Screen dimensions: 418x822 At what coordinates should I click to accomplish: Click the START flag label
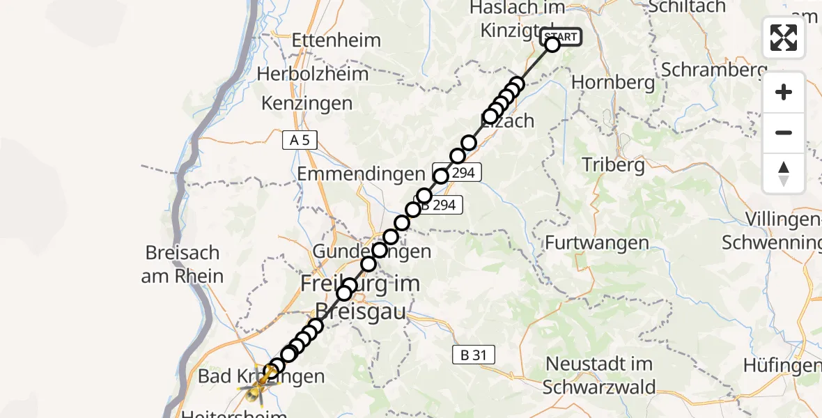tap(560, 36)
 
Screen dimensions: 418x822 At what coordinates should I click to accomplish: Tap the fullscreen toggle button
tap(784, 38)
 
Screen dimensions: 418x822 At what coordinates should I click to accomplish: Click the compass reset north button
tap(784, 173)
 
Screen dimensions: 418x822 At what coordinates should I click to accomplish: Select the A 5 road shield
tap(300, 140)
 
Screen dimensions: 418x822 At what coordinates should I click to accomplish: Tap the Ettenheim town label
tap(336, 39)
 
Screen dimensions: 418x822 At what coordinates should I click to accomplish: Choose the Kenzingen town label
tap(307, 104)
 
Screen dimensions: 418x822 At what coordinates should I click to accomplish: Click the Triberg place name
tap(613, 165)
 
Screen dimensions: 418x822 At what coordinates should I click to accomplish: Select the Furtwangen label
tap(597, 243)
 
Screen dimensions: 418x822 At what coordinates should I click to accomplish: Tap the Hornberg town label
tap(613, 82)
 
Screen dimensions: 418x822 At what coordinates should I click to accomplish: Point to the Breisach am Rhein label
tap(183, 264)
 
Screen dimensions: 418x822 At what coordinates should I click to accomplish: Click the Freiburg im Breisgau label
tap(360, 297)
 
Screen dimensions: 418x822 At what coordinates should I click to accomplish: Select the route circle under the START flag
tap(552, 45)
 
